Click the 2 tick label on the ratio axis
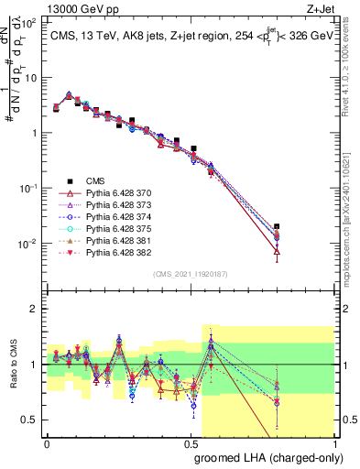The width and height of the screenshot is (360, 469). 33,309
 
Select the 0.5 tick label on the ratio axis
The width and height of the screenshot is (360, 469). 29,420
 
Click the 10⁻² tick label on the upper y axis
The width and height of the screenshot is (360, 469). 27,244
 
